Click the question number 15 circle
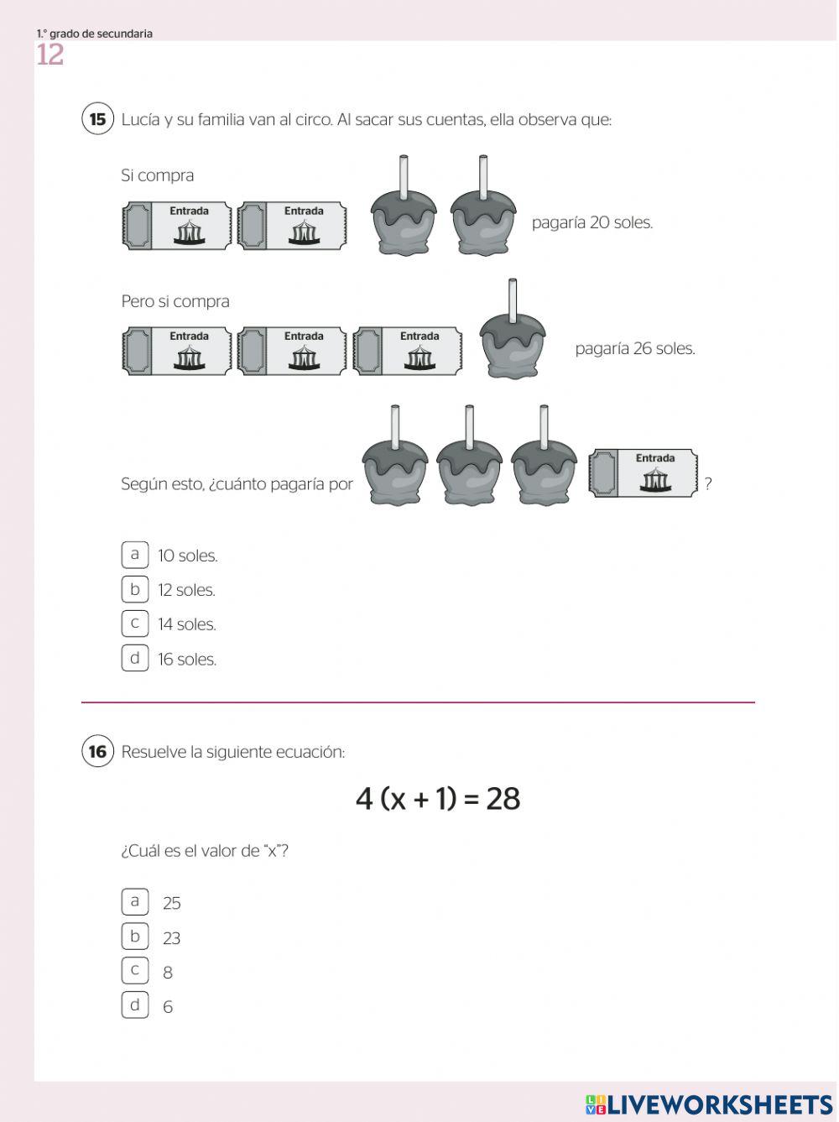tap(97, 119)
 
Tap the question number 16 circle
tap(97, 751)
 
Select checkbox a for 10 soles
tap(134, 555)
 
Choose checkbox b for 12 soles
tap(134, 589)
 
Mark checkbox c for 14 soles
tap(134, 624)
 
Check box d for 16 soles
tap(134, 658)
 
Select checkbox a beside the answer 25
tap(134, 901)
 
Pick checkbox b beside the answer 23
tap(134, 936)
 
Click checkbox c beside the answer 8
tap(134, 970)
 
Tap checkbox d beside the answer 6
tap(134, 1005)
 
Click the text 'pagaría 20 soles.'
tap(591, 222)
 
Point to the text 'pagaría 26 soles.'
tap(634, 348)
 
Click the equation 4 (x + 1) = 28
tap(437, 798)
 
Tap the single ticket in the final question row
tap(644, 473)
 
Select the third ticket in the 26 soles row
tap(408, 350)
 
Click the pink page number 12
tap(50, 55)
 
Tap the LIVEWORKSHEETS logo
tap(709, 1104)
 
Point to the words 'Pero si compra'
tap(175, 301)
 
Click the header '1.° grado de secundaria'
tap(94, 34)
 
